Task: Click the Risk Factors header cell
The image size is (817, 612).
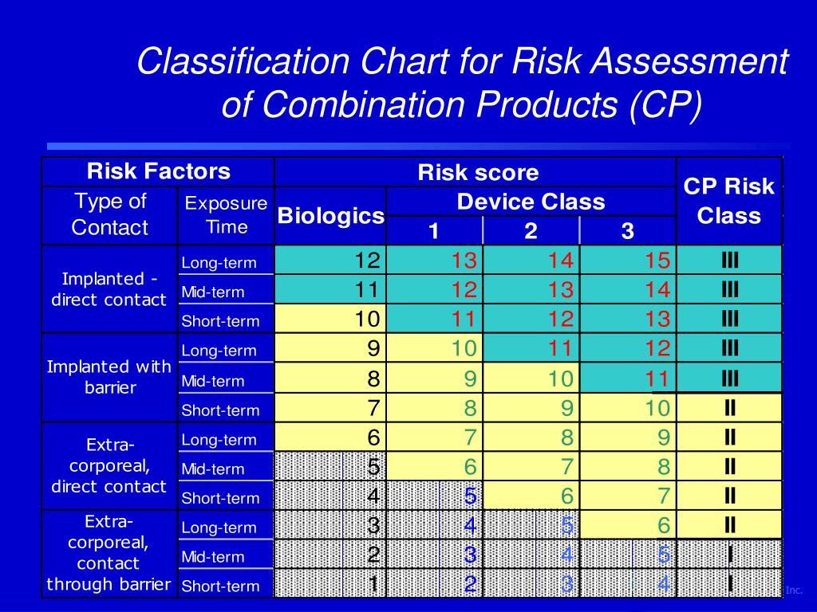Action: tap(158, 171)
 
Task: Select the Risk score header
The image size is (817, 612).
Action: tap(477, 172)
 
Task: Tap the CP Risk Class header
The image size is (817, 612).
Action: tap(728, 201)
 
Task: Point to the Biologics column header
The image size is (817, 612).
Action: tap(330, 215)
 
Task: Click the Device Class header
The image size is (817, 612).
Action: tap(531, 202)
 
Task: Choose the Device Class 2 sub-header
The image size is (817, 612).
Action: tap(531, 231)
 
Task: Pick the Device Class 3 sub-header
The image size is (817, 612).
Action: tap(627, 231)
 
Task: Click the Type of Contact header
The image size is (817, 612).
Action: tap(109, 214)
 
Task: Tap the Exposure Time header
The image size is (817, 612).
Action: tap(226, 214)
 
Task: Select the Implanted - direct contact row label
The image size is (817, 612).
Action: tap(109, 289)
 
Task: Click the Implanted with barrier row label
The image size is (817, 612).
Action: tap(109, 377)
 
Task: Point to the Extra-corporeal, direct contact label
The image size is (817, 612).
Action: tap(109, 465)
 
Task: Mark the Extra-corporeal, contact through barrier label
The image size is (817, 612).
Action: tap(109, 553)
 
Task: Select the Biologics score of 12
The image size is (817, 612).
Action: tap(370, 260)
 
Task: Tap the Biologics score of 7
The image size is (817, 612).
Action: tap(373, 409)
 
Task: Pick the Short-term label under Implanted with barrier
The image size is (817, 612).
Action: tap(220, 410)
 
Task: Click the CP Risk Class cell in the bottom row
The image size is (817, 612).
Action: tap(729, 584)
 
